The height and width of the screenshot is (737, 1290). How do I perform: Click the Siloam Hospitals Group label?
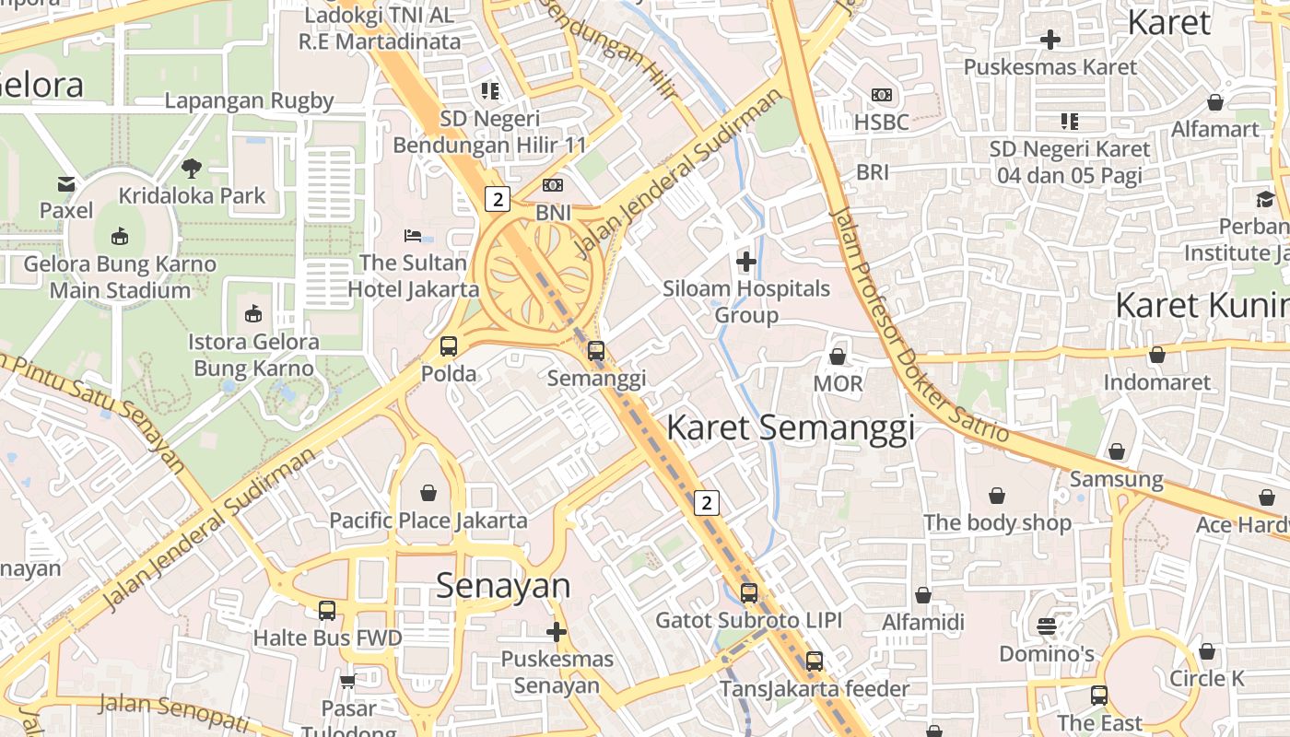click(x=746, y=302)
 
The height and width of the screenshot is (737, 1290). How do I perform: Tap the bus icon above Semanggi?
click(x=596, y=351)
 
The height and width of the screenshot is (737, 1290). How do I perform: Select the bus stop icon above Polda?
click(x=449, y=346)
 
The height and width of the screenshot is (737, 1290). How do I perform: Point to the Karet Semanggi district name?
click(x=791, y=428)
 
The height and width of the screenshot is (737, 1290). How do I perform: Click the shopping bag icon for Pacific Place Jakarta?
click(x=428, y=494)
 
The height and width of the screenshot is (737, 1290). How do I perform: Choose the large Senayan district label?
click(x=503, y=586)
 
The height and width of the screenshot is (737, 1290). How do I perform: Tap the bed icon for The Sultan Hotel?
click(x=413, y=236)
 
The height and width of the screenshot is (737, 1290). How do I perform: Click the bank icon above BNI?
click(x=553, y=186)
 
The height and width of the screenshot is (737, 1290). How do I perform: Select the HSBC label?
click(x=882, y=122)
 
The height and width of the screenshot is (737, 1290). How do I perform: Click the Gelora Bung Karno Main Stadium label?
click(x=120, y=277)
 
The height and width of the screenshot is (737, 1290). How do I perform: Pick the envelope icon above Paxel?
click(x=66, y=184)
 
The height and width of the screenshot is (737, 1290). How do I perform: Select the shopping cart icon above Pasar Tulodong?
click(x=348, y=682)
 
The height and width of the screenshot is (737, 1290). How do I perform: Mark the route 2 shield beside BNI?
click(x=498, y=198)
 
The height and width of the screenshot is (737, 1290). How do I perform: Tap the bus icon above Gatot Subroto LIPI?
click(x=749, y=593)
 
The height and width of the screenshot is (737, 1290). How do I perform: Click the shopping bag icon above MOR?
click(x=838, y=357)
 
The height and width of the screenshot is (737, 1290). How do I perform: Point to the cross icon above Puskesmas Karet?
click(x=1050, y=40)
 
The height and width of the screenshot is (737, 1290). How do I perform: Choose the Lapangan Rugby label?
click(x=249, y=100)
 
